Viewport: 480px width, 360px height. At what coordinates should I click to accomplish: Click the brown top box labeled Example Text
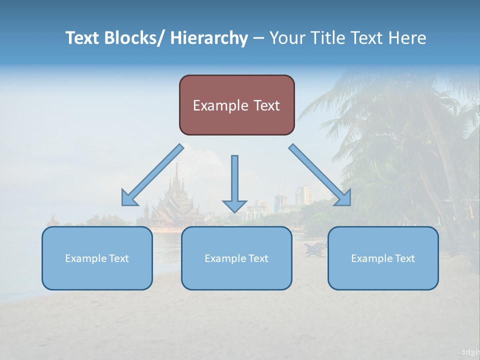(236, 105)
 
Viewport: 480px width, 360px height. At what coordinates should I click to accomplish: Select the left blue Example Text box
(97, 258)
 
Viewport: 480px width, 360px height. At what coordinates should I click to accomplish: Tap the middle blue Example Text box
(236, 258)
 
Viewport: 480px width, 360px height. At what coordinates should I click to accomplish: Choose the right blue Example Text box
(383, 258)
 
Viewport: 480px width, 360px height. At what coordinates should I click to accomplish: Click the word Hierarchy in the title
(209, 38)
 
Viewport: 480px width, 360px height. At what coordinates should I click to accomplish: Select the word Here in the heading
(408, 38)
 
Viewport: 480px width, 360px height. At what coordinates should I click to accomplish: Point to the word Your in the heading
(286, 38)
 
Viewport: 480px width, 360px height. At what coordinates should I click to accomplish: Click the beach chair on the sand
(315, 248)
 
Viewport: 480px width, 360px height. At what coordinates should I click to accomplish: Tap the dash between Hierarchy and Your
(258, 38)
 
